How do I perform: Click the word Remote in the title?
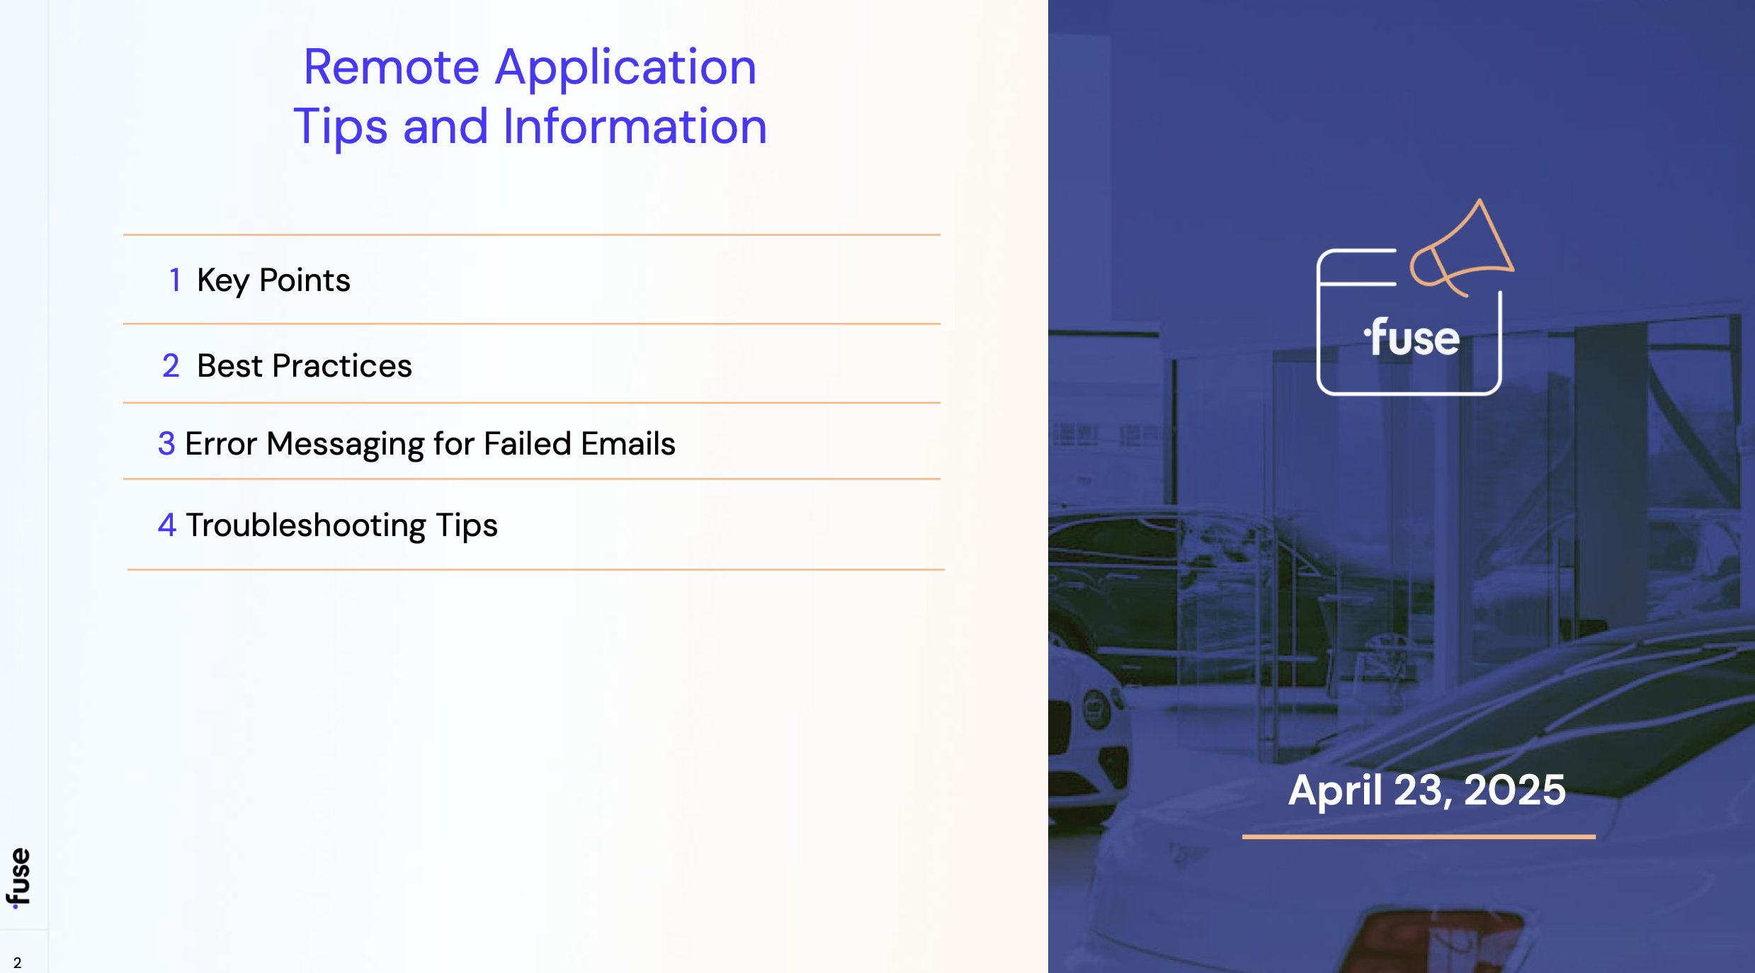coord(392,67)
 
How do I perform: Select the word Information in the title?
coord(635,126)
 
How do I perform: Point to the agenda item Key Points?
coord(273,281)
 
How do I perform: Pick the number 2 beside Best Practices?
coord(171,366)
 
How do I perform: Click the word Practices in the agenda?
coord(341,366)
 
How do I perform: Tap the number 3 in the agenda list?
coord(166,444)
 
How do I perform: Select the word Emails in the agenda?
coord(628,444)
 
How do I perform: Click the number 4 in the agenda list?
coord(167,525)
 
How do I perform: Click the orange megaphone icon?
coord(1461,248)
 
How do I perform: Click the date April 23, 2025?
coord(1426,790)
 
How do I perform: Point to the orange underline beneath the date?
coord(1419,836)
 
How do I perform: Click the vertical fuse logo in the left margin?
coord(19,878)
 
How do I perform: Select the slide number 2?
coord(18,963)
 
